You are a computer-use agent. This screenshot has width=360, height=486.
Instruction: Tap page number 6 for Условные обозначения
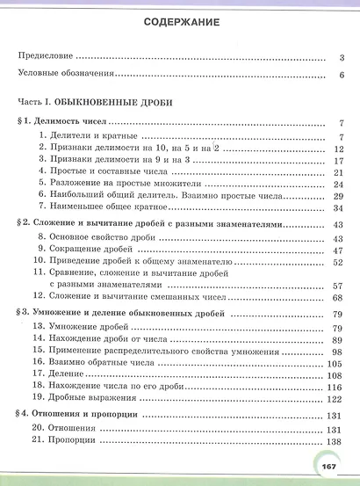coord(339,76)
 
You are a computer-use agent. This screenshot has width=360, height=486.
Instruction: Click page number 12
coord(337,149)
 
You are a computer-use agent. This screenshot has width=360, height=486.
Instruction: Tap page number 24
coord(337,185)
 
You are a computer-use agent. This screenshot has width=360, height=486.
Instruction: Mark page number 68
coord(337,299)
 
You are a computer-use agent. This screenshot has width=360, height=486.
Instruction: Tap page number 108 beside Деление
coord(335,375)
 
